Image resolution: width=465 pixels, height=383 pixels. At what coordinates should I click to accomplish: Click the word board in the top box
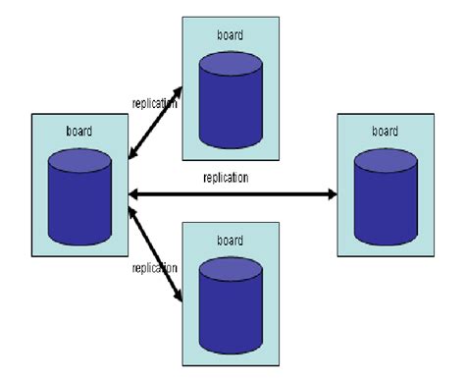[x=231, y=36]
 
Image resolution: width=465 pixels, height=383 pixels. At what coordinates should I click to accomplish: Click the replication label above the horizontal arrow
[x=226, y=178]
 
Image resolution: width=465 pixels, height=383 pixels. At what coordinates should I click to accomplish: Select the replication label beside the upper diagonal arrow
[x=154, y=101]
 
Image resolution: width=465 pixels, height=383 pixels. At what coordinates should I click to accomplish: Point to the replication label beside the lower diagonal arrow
[x=154, y=266]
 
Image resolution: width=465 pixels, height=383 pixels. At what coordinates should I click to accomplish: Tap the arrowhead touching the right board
[x=330, y=193]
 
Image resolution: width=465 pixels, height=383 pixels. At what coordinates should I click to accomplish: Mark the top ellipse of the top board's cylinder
[x=231, y=60]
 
